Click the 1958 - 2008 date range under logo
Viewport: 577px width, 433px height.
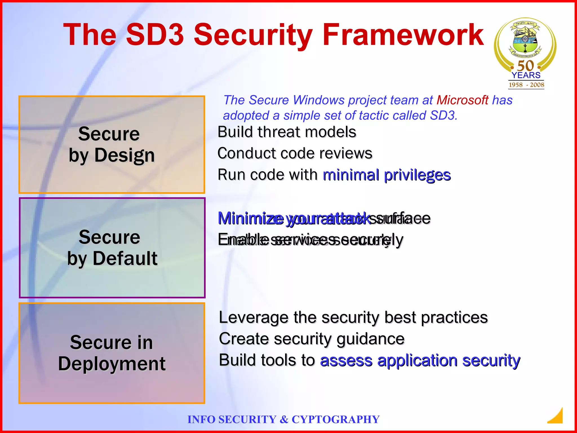[x=526, y=85]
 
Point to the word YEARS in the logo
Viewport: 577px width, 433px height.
[x=526, y=75]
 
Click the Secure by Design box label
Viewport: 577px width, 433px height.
[x=112, y=144]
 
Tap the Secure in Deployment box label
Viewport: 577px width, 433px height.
[x=112, y=353]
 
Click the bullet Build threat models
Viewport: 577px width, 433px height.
[x=287, y=132]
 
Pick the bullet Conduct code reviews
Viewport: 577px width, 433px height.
[x=295, y=153]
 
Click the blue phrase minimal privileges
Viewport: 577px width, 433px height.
[x=387, y=175]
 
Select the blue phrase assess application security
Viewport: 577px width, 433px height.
[x=420, y=361]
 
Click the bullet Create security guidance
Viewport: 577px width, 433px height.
[x=312, y=339]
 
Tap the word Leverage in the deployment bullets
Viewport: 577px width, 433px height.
[x=254, y=318]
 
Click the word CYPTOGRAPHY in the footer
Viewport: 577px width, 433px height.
[x=335, y=419]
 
